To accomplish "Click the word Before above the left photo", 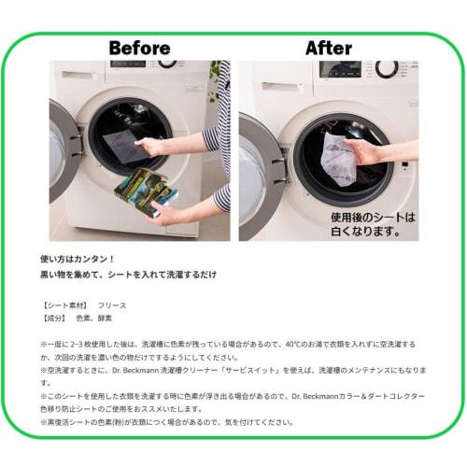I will pyautogui.click(x=139, y=47).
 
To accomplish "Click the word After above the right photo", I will pyautogui.click(x=328, y=47).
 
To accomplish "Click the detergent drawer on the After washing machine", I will pyautogui.click(x=276, y=86).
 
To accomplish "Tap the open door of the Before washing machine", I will pyautogui.click(x=63, y=149).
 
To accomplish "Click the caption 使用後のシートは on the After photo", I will pyautogui.click(x=371, y=216).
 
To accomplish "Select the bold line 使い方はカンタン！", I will pyautogui.click(x=78, y=258).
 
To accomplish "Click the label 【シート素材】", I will pyautogui.click(x=64, y=305).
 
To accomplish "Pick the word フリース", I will pyautogui.click(x=112, y=305).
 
